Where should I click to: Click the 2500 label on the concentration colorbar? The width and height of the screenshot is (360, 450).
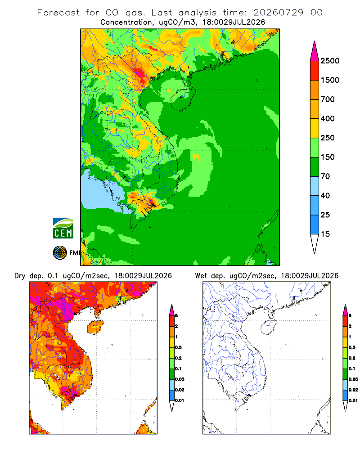[330, 61]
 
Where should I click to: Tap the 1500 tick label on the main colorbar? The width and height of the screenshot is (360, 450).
[330, 80]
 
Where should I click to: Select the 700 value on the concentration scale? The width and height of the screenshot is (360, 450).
[328, 99]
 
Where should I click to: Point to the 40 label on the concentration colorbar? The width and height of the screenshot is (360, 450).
[325, 195]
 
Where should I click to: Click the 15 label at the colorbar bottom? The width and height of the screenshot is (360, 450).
[325, 234]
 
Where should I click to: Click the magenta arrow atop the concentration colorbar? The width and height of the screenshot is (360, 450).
[315, 51]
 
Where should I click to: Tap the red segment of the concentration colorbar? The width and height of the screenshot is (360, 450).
[315, 71]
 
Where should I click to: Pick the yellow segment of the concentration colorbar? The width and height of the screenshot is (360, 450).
[315, 128]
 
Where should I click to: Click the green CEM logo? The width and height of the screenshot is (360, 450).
[63, 229]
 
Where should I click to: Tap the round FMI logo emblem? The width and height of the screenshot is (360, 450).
[60, 253]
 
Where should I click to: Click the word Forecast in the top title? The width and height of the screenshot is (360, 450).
[58, 13]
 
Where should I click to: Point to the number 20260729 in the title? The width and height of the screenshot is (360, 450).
[278, 13]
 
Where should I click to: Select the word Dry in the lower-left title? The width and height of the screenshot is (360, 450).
[20, 276]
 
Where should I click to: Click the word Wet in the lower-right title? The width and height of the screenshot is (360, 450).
[201, 276]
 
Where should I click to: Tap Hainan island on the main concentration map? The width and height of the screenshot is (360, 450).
[183, 99]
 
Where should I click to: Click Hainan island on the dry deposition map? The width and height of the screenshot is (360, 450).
[95, 327]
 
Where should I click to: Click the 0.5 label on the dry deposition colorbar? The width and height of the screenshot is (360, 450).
[179, 347]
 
